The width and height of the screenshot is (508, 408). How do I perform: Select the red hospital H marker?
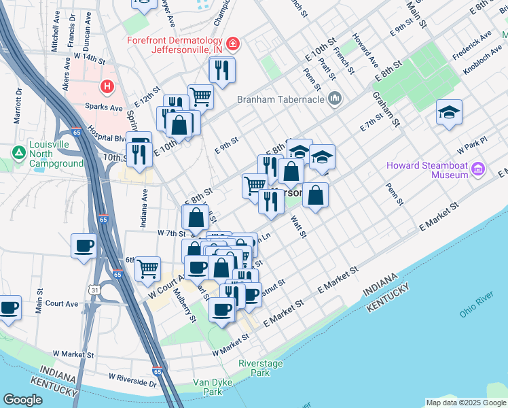[107, 86]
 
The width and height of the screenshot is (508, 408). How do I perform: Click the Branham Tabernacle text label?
[281, 100]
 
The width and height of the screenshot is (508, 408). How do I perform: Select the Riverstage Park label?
[260, 368]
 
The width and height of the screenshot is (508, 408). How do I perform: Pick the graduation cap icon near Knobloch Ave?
[449, 112]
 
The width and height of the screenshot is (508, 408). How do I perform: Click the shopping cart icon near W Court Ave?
[147, 268]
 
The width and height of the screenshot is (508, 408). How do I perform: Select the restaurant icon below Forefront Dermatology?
[221, 69]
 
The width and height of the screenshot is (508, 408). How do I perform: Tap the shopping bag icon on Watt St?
[316, 195]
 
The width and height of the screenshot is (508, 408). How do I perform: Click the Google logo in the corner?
[22, 400]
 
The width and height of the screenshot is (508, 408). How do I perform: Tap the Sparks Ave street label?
[104, 107]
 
